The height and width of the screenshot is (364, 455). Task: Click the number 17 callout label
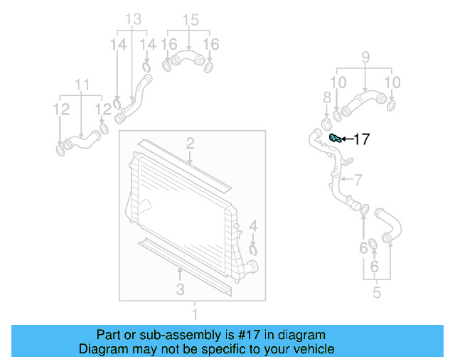pyautogui.click(x=361, y=139)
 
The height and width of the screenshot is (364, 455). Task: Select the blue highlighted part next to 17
pyautogui.click(x=335, y=138)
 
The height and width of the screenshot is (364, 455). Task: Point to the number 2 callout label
pyautogui.click(x=190, y=145)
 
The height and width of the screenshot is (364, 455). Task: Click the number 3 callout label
pyautogui.click(x=181, y=289)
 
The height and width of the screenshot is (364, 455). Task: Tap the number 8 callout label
pyautogui.click(x=365, y=57)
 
